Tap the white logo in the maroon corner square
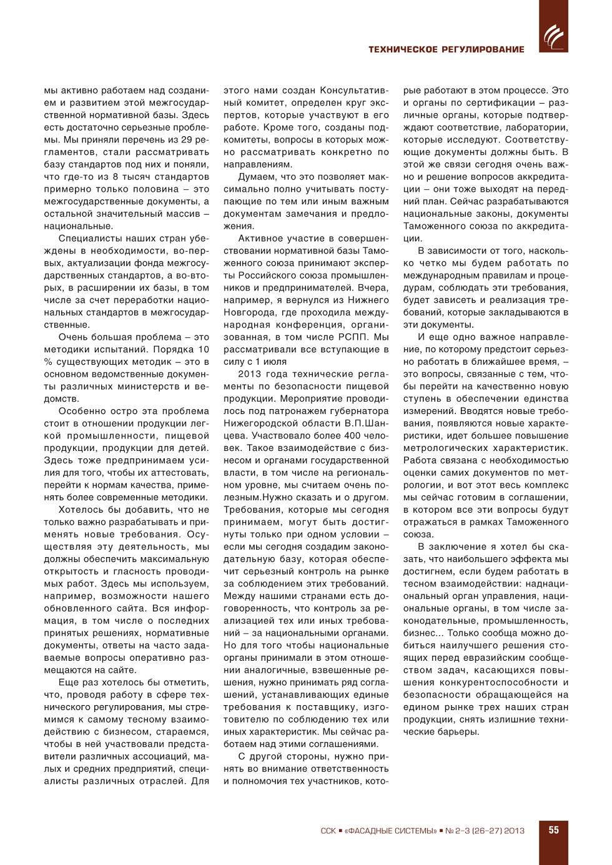[x=553, y=36]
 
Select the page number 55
[x=553, y=830]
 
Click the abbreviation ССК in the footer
[x=328, y=831]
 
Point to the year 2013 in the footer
[x=514, y=831]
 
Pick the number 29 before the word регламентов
[x=186, y=140]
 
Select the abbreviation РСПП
[x=353, y=337]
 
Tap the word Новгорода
[x=248, y=312]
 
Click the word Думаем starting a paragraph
[x=256, y=177]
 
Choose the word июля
[x=274, y=362]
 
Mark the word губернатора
[x=356, y=411]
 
